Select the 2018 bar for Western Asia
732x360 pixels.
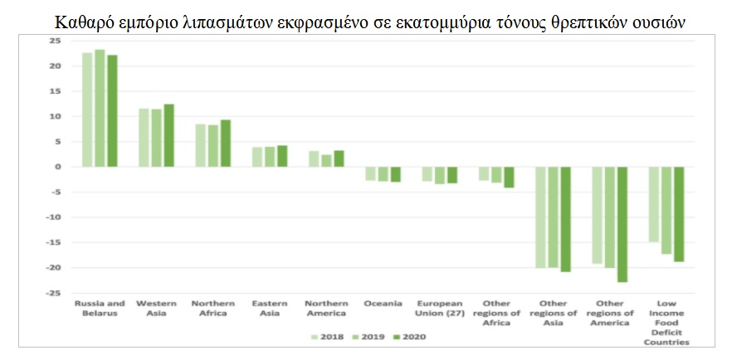[144, 138]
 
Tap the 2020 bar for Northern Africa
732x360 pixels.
[225, 144]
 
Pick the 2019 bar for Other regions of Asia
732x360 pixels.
[554, 217]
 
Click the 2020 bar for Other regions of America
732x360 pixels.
[622, 225]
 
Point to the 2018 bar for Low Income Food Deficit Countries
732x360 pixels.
[654, 205]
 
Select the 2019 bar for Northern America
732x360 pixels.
[326, 161]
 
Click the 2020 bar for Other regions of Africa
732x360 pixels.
[509, 178]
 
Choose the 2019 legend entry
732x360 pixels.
[368, 337]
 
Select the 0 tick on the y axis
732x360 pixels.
[58, 167]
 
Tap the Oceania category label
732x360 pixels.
[383, 303]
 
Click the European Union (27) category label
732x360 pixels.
[439, 308]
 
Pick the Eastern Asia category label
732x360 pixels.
[270, 308]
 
